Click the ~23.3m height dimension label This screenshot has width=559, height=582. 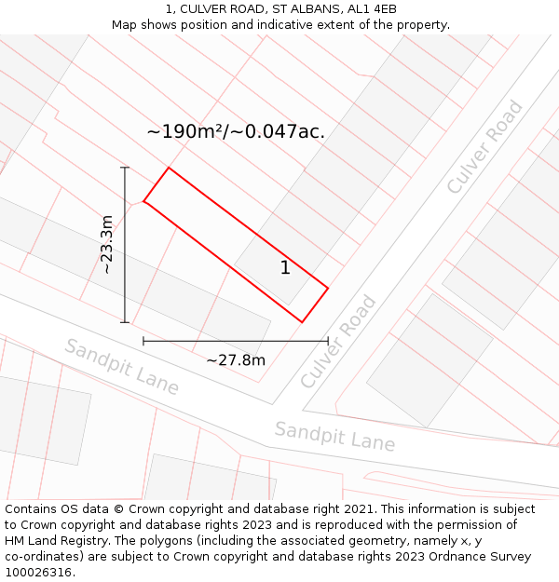pyautogui.click(x=107, y=244)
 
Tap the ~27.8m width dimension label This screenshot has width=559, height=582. pyautogui.click(x=236, y=360)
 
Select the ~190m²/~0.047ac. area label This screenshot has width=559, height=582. pyautogui.click(x=236, y=131)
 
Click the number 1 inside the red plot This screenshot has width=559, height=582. pyautogui.click(x=285, y=268)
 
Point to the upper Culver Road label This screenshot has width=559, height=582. pyautogui.click(x=484, y=147)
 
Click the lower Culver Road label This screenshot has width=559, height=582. pyautogui.click(x=338, y=342)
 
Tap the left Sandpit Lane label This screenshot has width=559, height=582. pyautogui.click(x=121, y=366)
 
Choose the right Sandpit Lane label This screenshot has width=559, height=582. pyautogui.click(x=334, y=436)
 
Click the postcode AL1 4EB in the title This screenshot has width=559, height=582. pyautogui.click(x=371, y=9)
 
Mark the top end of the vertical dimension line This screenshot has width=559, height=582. pyautogui.click(x=125, y=168)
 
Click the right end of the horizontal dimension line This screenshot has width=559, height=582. pyautogui.click(x=328, y=341)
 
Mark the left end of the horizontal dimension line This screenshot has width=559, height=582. pyautogui.click(x=143, y=341)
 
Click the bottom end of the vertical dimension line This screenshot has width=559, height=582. pyautogui.click(x=125, y=322)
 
